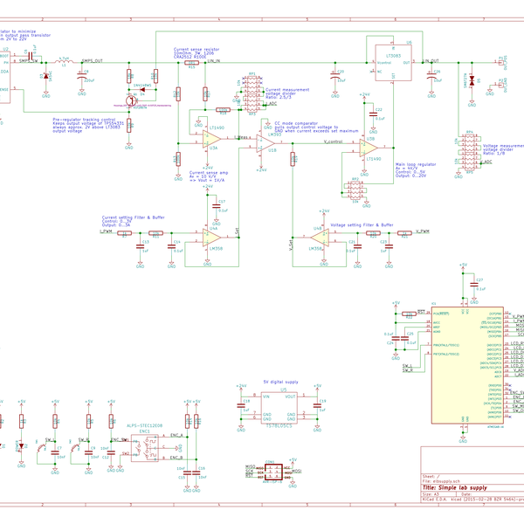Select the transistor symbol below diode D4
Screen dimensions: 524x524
pos(131,101)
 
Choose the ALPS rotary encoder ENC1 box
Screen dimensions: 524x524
pos(144,444)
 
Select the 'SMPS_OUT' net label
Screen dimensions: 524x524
pos(93,61)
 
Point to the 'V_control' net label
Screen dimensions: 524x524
pos(336,141)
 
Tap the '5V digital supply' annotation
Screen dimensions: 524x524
pos(280,383)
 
